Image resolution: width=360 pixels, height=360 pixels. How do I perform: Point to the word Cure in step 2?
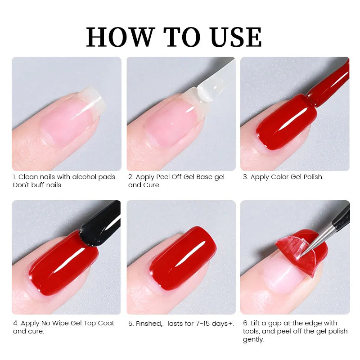pos(152,185)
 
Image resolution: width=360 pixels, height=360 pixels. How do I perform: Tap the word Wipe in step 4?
pos(60,323)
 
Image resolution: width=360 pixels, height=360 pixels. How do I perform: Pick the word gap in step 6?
pos(274,324)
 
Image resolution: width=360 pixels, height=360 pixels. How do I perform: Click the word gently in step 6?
pos(254,340)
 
